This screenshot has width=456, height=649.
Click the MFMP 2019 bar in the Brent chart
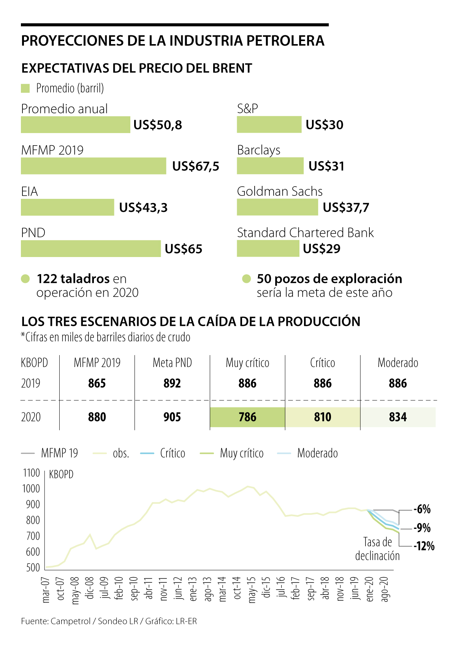93,166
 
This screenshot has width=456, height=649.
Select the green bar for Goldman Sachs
277,207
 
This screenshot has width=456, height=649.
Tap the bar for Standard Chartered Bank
268,249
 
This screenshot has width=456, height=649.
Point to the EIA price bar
67,208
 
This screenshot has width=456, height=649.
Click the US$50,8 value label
158,125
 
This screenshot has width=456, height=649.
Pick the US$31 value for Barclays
326,166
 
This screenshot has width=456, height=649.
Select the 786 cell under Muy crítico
247,417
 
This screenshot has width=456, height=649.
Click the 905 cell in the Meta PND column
172,417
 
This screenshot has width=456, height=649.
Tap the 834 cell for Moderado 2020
398,417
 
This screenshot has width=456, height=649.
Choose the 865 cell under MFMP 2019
97,383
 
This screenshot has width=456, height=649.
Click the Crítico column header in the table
323,363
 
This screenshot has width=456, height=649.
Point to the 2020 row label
31,417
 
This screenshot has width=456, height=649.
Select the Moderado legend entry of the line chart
317,453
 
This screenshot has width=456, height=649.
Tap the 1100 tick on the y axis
32,473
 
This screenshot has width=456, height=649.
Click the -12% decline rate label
424,546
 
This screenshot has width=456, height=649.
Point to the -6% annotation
422,509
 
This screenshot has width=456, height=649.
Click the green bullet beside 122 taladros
25,279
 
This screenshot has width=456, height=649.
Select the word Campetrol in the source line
70,621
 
